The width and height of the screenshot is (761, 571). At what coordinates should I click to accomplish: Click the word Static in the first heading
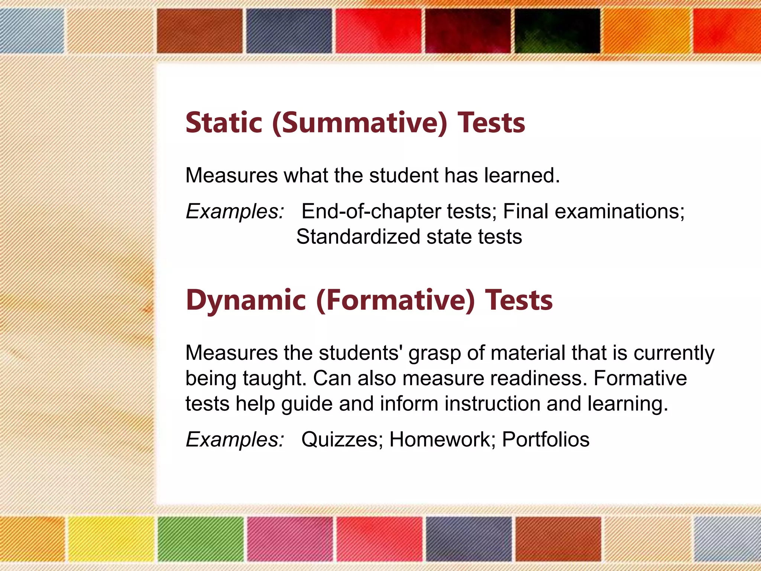click(x=224, y=123)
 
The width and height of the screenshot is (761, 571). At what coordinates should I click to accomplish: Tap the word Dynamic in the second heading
click(x=246, y=300)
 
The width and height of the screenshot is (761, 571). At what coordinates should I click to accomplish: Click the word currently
click(x=674, y=354)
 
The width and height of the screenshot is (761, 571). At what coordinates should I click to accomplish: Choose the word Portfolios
click(x=545, y=439)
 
